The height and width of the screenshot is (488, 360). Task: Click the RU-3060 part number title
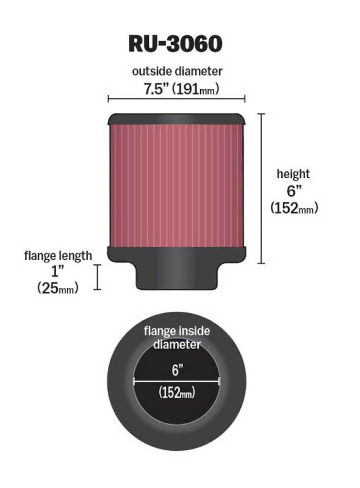click(x=175, y=43)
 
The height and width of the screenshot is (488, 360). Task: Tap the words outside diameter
click(x=177, y=71)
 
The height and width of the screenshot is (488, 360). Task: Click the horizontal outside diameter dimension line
click(x=176, y=99)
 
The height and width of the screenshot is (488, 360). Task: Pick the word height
click(x=293, y=174)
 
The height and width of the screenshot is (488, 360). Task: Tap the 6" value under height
click(x=293, y=191)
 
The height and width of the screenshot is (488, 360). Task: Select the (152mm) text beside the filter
click(x=294, y=208)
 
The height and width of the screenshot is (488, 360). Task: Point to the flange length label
click(x=58, y=255)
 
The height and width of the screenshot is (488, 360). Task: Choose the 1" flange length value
click(x=58, y=272)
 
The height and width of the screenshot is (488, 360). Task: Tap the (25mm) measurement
click(x=58, y=288)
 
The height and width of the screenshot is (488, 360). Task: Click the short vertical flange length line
click(x=98, y=277)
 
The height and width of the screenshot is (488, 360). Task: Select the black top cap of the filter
click(x=176, y=118)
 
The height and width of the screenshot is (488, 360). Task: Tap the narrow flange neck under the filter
click(x=176, y=276)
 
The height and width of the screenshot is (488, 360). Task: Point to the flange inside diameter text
click(x=177, y=337)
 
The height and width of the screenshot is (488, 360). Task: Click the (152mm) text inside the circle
click(x=176, y=393)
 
